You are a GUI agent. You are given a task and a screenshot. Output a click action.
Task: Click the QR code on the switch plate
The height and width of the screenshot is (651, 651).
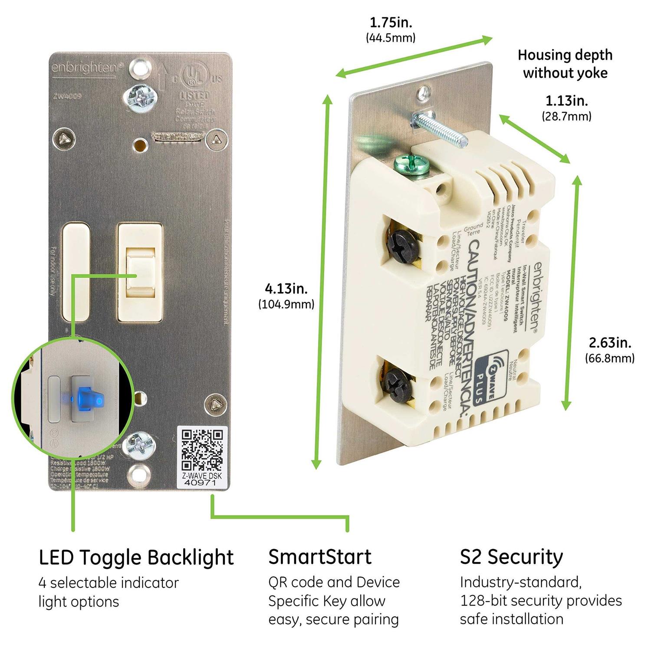[x=202, y=450]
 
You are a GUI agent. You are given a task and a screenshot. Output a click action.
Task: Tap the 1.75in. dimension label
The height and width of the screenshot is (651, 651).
[x=391, y=23]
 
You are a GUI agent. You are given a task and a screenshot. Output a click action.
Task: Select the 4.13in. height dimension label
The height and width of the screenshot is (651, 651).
[x=286, y=289]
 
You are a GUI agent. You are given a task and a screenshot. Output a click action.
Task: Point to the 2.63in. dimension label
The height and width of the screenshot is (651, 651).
[x=610, y=343]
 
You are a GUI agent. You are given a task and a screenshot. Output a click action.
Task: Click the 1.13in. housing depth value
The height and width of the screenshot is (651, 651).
[x=566, y=101]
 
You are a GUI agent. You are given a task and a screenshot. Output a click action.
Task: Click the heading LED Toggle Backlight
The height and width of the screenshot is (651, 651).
[x=136, y=557]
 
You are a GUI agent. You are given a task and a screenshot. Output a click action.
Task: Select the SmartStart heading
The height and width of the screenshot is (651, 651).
[x=320, y=557]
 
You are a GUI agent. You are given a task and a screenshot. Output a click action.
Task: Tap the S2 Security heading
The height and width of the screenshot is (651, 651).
[x=511, y=557]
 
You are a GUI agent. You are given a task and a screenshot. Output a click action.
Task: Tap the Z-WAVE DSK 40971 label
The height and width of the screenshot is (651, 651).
[x=202, y=479]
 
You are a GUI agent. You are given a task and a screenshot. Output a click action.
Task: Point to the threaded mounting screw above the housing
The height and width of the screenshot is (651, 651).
[x=438, y=125]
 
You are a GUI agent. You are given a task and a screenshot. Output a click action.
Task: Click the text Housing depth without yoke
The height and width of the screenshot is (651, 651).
[x=565, y=64]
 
